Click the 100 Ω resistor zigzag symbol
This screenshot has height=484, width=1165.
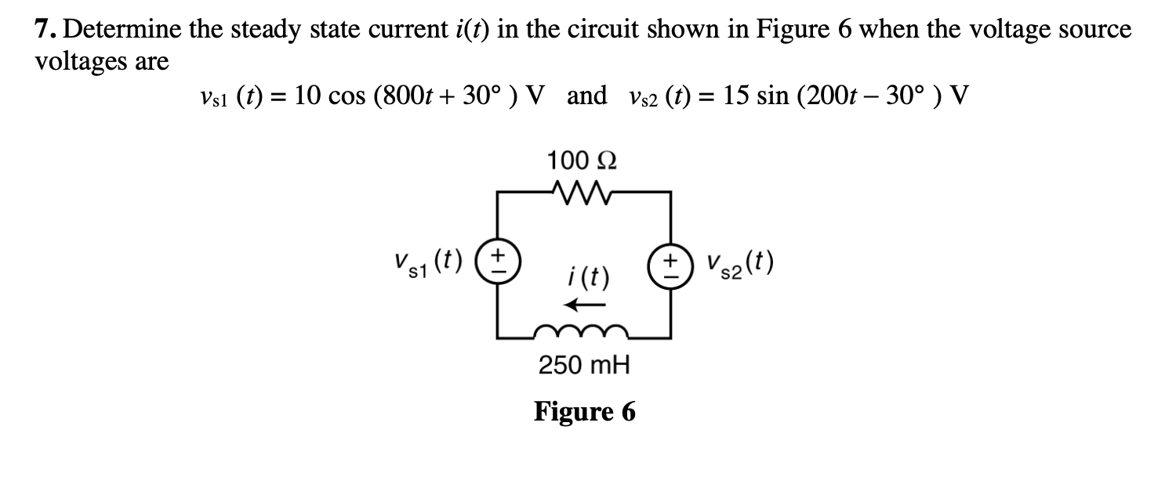pos(582,190)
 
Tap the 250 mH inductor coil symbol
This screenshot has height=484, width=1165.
pos(582,331)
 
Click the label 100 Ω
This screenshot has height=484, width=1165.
pos(582,161)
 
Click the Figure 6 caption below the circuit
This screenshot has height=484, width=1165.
pos(585,411)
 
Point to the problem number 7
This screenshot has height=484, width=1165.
pos(45,31)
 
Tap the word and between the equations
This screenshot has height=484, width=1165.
pos(586,97)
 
